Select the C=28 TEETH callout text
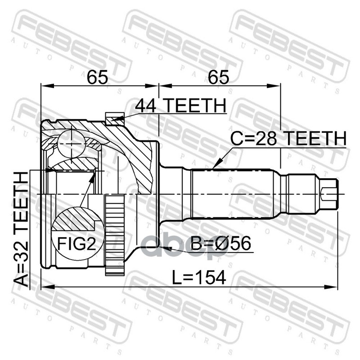tap(288, 139)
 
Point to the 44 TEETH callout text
tap(180, 106)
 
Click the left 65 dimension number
tap(98, 77)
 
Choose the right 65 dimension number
tap(219, 77)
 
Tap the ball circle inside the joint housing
tap(71, 142)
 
